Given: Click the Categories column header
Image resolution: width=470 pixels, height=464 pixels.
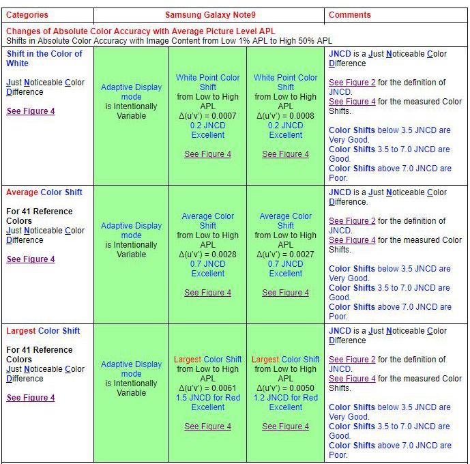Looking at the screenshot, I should point(27,14).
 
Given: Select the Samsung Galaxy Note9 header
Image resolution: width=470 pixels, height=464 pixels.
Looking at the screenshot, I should point(209,14).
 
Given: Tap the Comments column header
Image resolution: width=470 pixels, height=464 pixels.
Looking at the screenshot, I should point(349,14).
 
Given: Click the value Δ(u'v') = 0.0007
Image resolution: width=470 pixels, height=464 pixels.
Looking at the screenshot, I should point(208,116).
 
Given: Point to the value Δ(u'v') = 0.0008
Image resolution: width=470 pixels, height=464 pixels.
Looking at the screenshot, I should point(286,116).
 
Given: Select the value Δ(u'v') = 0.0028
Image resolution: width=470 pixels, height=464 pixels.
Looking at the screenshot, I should point(208,255).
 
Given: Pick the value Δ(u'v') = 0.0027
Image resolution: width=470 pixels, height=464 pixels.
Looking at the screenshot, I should point(286,255).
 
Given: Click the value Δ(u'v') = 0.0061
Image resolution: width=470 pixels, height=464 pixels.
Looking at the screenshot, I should point(208,388).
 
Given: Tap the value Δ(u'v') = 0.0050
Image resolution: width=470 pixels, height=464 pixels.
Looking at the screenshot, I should point(286,388).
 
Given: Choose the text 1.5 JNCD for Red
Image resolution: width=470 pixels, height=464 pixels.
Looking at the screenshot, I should point(208,398).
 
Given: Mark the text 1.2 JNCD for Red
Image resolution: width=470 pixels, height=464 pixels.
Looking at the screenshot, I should point(286,398).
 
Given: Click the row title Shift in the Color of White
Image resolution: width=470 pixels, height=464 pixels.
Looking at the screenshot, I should point(44,59).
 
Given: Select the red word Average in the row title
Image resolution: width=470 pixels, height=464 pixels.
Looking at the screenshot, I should point(22,192).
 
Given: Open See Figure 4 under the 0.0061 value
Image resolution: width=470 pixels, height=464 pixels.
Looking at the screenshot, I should point(208,426).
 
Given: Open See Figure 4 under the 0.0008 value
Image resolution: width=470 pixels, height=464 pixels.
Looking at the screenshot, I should point(286,154).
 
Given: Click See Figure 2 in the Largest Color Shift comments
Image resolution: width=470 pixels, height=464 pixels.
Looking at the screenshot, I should point(352,360).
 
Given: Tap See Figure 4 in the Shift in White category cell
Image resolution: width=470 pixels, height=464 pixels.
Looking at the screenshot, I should point(31,111).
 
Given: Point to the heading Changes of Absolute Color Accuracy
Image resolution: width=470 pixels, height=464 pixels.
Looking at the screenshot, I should point(141,31).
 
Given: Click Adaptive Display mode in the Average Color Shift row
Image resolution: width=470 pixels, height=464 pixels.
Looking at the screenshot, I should point(131,231).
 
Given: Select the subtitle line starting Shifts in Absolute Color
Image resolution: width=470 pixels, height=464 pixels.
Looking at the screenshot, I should point(169,41).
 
